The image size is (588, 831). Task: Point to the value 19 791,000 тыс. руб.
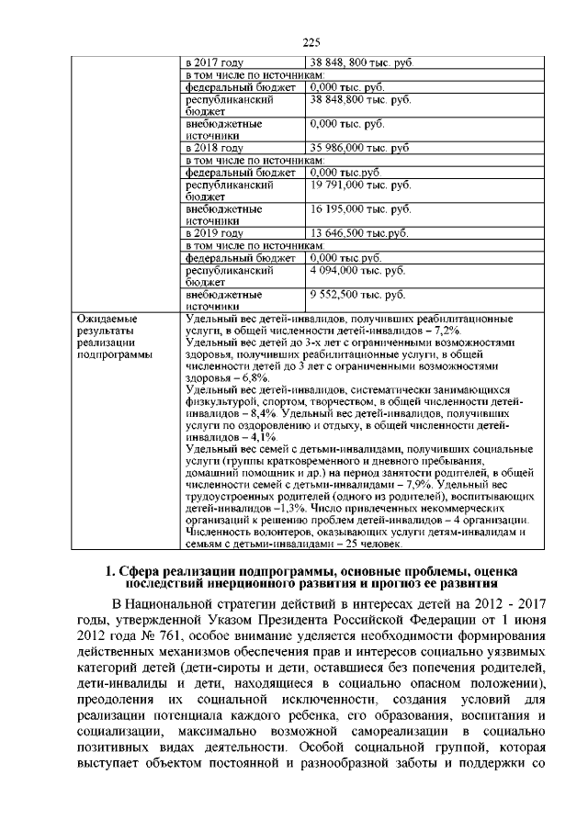coord(359,185)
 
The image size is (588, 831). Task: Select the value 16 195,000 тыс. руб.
coord(359,209)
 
